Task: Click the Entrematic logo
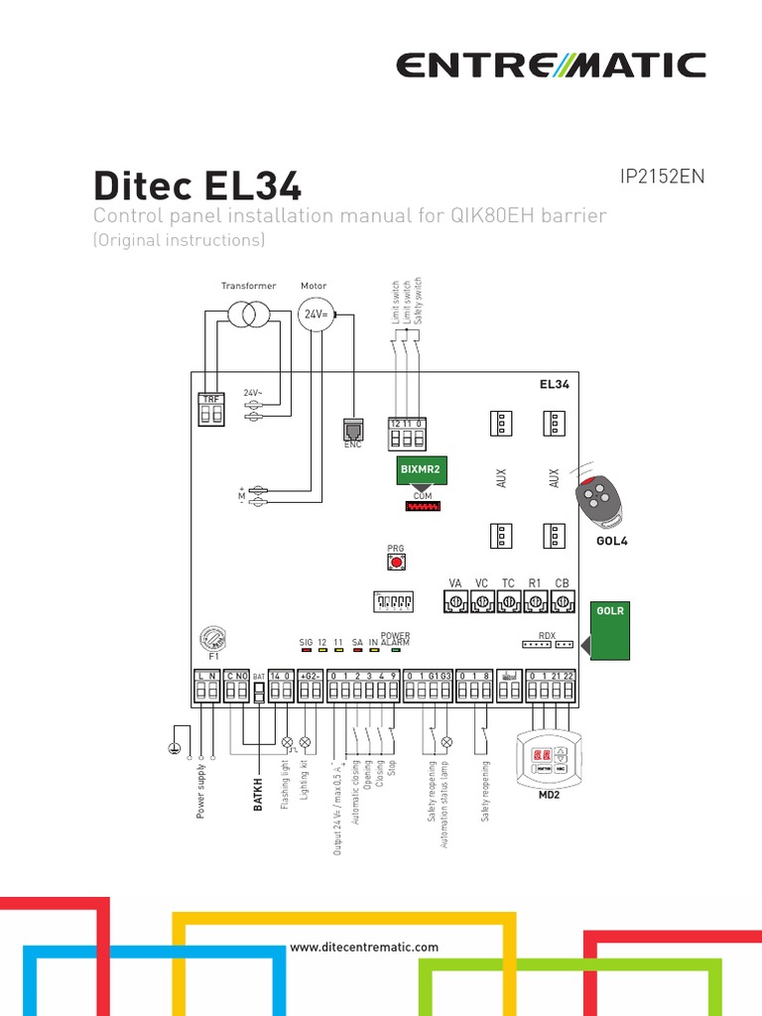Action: pyautogui.click(x=551, y=65)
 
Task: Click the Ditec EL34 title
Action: pyautogui.click(x=197, y=186)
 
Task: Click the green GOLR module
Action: pyautogui.click(x=610, y=630)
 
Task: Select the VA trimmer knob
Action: pyautogui.click(x=456, y=601)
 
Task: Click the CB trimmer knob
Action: pyautogui.click(x=563, y=601)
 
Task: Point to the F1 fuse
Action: pyautogui.click(x=211, y=638)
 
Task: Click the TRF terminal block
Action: pyautogui.click(x=211, y=411)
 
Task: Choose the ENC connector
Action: pyautogui.click(x=352, y=429)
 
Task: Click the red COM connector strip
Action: pyautogui.click(x=424, y=506)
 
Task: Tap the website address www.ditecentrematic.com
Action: pyautogui.click(x=364, y=947)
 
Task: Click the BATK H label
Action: pyautogui.click(x=258, y=794)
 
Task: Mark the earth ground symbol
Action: pyautogui.click(x=175, y=750)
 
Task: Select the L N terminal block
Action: pyautogui.click(x=207, y=688)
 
